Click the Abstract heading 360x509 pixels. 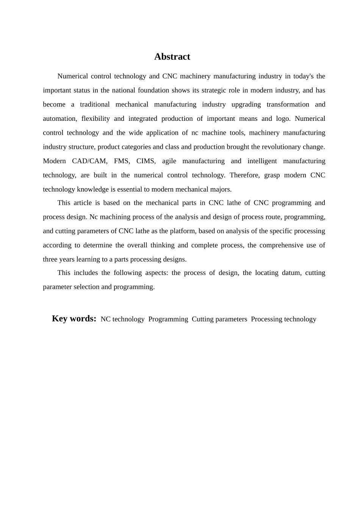[x=172, y=57]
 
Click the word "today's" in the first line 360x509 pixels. [x=303, y=76]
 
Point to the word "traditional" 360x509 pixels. [x=95, y=105]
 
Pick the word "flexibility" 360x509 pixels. [x=95, y=119]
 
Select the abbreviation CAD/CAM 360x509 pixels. [x=89, y=161]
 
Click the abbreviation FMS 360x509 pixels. [x=122, y=161]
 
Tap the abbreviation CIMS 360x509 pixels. [x=146, y=161]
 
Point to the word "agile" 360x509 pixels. [x=169, y=161]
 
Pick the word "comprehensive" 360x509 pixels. [x=281, y=245]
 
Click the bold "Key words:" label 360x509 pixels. [x=74, y=319]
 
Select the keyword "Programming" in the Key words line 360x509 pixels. [x=168, y=319]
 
